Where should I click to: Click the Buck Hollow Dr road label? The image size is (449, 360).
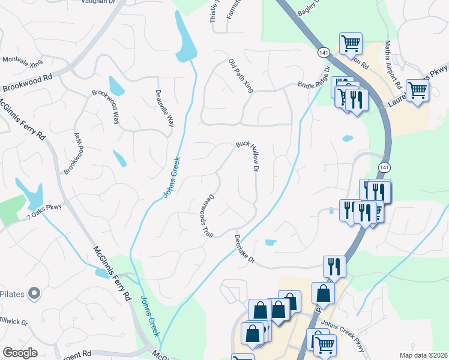pos(247,157)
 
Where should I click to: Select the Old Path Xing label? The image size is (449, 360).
pos(241,76)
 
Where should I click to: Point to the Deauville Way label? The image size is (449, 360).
pos(164,108)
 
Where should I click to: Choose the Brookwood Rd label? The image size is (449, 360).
pos(27,82)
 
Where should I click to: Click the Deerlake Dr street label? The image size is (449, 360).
pos(244,250)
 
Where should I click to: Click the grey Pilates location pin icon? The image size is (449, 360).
pos(34,293)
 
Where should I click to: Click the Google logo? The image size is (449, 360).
pos(20,353)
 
